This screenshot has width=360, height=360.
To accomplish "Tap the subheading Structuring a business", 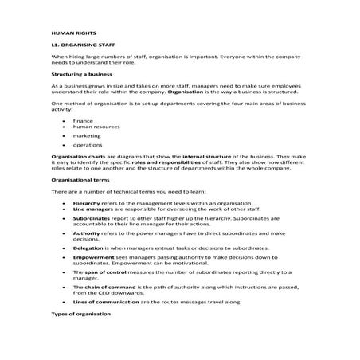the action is click(x=79, y=72).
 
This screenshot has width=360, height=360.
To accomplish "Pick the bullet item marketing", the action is click(x=84, y=136).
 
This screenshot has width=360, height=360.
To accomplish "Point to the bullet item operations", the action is click(x=85, y=146).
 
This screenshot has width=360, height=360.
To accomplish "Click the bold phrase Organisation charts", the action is click(x=73, y=159).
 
